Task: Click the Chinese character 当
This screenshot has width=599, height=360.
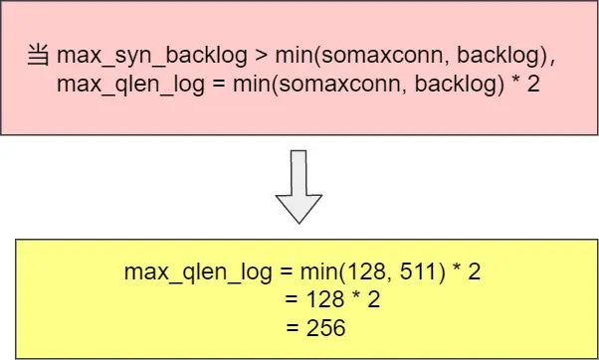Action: (38, 55)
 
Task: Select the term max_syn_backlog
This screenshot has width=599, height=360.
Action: (152, 56)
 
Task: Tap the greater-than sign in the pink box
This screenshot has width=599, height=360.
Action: (262, 56)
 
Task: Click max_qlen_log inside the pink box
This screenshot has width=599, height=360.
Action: (131, 85)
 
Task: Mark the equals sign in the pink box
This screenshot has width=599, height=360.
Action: (219, 85)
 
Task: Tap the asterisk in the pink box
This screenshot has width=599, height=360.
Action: (516, 81)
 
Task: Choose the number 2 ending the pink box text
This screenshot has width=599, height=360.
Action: (533, 84)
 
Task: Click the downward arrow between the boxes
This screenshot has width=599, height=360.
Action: (299, 186)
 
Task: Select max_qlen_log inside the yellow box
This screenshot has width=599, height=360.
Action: (199, 272)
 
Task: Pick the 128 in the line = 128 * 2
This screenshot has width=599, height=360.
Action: (325, 299)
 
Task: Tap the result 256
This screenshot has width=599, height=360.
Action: (326, 328)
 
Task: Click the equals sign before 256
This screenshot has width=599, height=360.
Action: (293, 328)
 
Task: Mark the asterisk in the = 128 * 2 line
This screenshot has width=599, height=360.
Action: (356, 296)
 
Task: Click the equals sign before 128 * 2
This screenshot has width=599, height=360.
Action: (292, 299)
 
